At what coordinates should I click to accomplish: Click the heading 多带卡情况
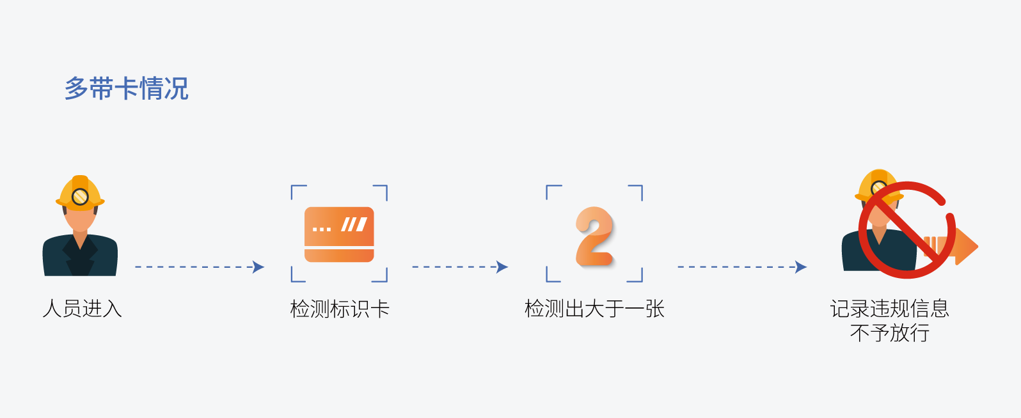(x=126, y=89)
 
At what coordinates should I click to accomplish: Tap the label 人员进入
(x=82, y=309)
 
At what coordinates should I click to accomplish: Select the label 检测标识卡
(x=340, y=309)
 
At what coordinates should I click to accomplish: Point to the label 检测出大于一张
(x=594, y=309)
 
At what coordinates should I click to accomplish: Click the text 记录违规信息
(x=889, y=309)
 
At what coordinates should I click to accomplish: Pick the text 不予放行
(x=889, y=333)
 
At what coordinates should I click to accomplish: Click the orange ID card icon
(x=339, y=234)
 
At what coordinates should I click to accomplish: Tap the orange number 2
(x=594, y=236)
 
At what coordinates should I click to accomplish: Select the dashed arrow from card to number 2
(x=460, y=267)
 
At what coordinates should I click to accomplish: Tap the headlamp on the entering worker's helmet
(x=80, y=197)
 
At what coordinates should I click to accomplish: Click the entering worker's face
(x=80, y=217)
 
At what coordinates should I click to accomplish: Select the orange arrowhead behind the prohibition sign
(x=966, y=246)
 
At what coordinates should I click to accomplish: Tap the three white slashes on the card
(x=354, y=224)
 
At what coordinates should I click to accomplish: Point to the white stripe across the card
(x=339, y=247)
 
